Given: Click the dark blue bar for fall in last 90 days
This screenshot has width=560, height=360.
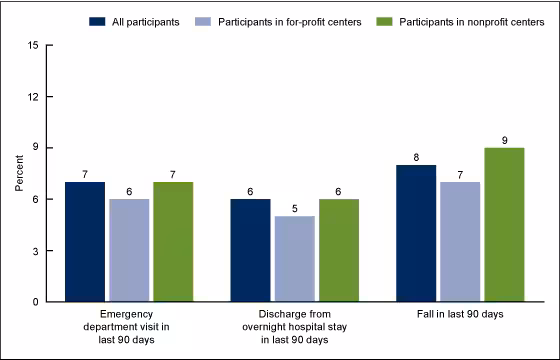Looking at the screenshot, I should point(416,233).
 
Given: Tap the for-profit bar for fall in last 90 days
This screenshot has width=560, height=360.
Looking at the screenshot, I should point(460,241).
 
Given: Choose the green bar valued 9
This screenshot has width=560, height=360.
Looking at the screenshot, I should point(504,224).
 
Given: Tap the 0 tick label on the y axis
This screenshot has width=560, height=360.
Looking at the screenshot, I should point(36,301).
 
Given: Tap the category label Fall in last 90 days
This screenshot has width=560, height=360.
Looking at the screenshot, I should point(460,316).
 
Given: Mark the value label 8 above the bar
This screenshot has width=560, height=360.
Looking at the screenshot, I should point(416,156).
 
